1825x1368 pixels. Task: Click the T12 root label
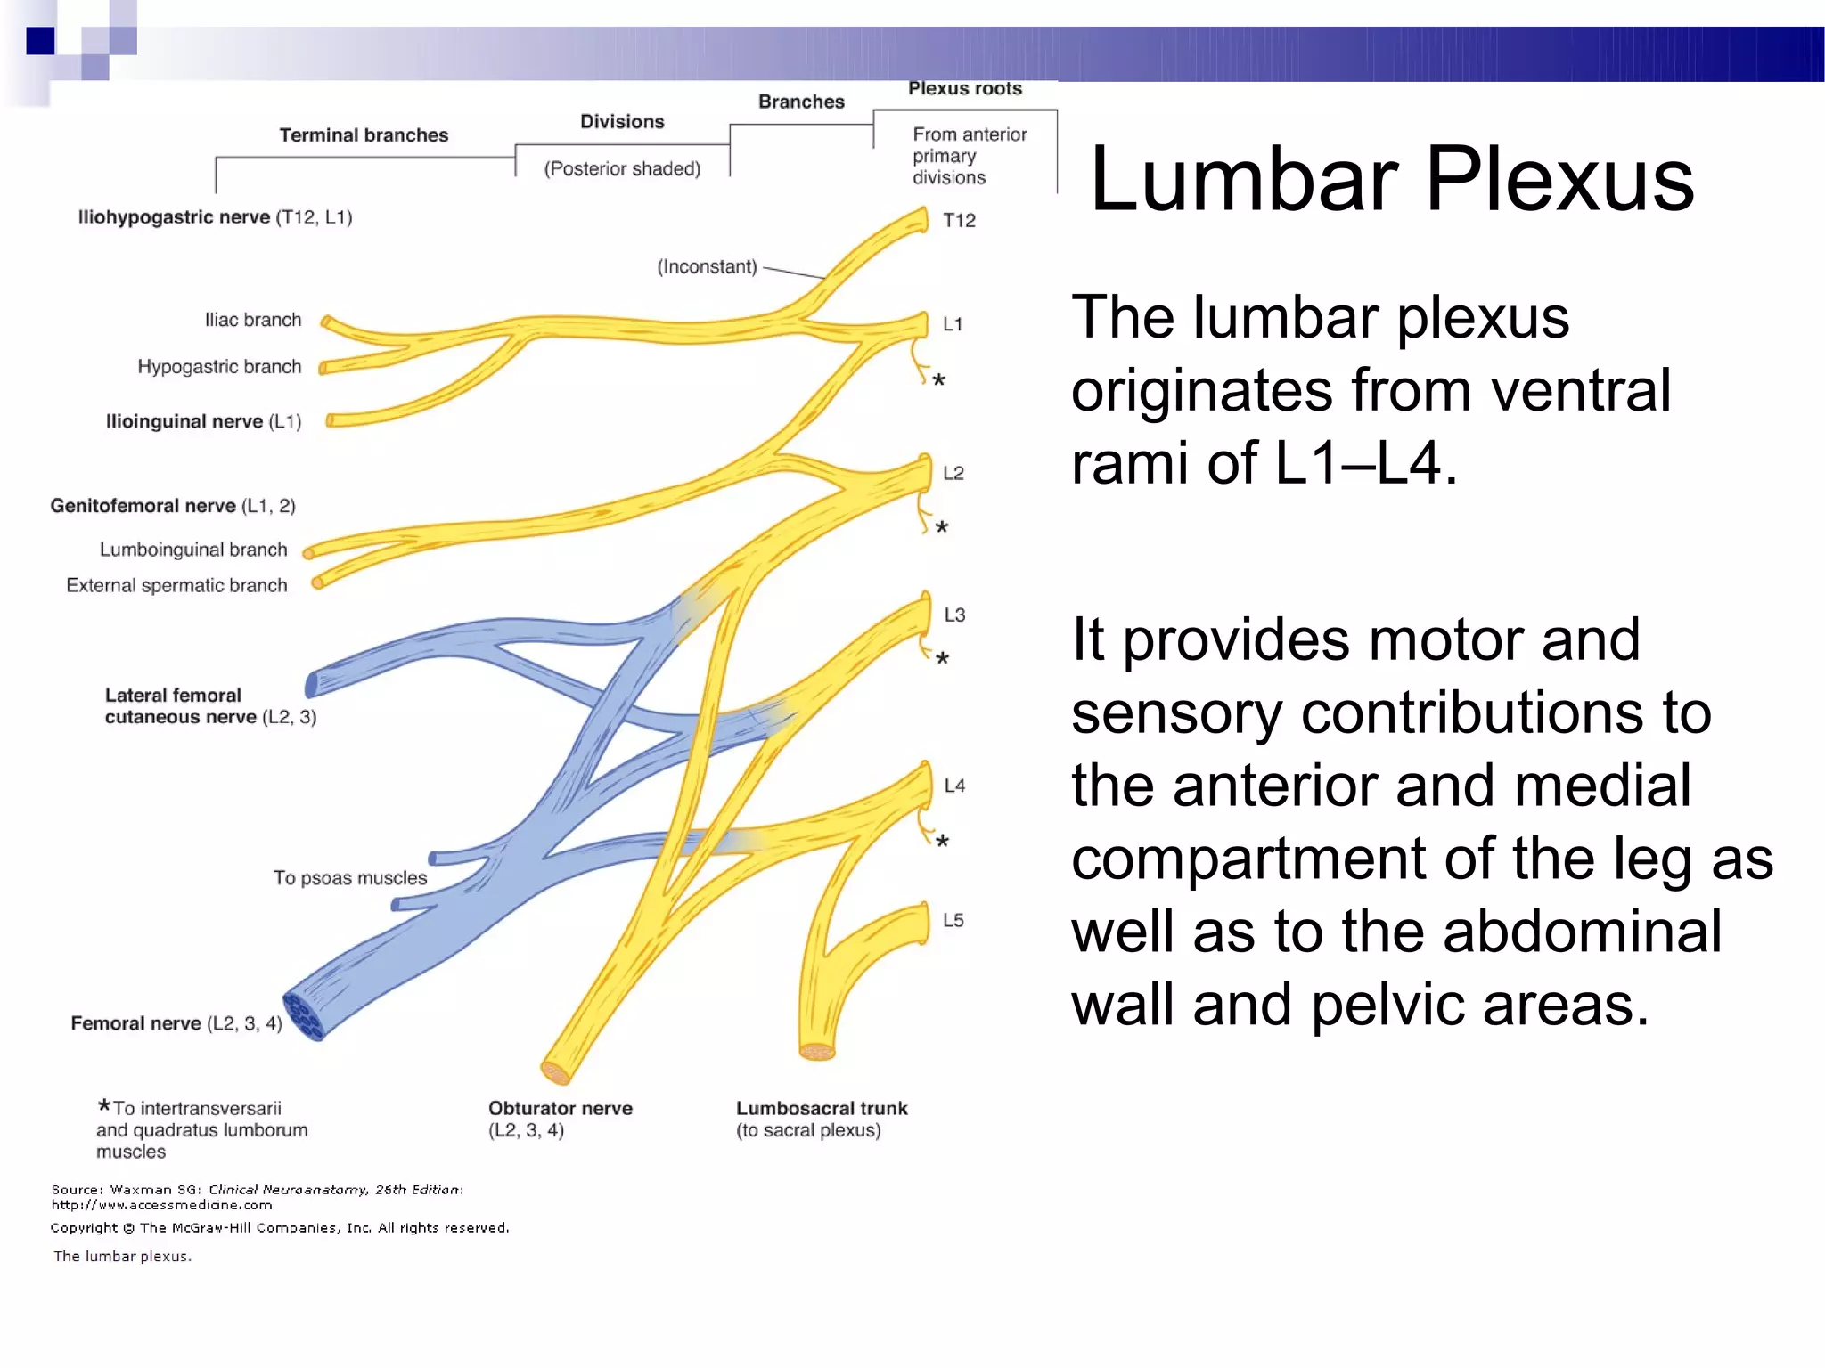(959, 220)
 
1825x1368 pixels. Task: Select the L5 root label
(953, 920)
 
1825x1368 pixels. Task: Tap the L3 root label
(953, 615)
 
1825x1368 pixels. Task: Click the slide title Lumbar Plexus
(1391, 180)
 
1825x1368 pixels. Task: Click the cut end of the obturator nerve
(556, 1072)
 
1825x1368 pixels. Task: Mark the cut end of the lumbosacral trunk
(816, 1052)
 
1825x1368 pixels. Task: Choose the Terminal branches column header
(364, 135)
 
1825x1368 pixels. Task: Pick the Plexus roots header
(964, 88)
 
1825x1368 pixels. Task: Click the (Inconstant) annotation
(707, 266)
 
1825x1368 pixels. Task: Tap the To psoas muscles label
(349, 878)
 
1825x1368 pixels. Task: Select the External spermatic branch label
(176, 585)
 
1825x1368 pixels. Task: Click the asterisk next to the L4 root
(942, 841)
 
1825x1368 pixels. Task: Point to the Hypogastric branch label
(219, 367)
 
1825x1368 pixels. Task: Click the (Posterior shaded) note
(622, 168)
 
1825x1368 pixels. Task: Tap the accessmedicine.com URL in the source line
(161, 1205)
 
